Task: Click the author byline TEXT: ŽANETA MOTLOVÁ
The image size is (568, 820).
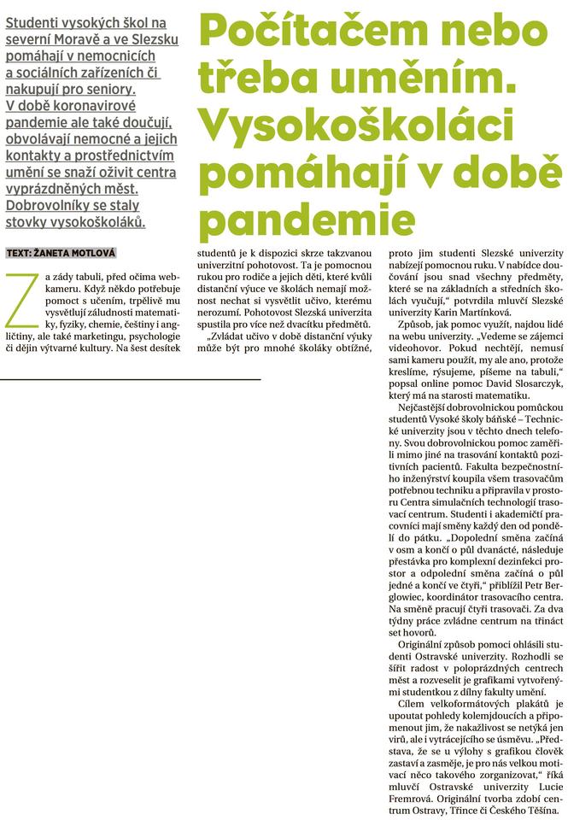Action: (61, 253)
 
